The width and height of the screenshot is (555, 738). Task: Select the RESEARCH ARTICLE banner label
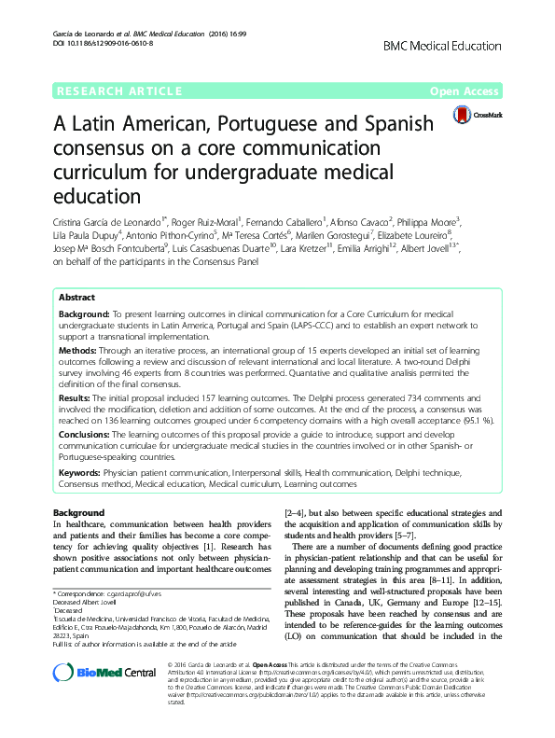(x=118, y=91)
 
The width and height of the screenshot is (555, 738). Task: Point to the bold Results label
(x=78, y=397)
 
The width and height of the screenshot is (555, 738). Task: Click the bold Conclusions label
(x=87, y=435)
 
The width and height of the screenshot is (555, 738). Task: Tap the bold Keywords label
(x=83, y=474)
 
